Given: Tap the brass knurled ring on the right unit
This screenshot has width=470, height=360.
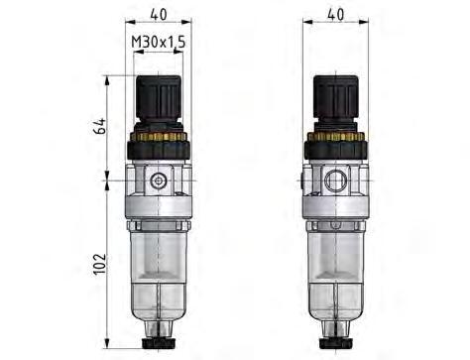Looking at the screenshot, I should click(x=336, y=136).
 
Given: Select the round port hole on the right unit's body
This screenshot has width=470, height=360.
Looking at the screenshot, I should click(x=337, y=181).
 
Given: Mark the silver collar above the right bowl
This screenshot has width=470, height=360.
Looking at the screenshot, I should click(x=336, y=214).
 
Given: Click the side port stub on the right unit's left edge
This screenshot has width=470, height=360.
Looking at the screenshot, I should click(x=302, y=181).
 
